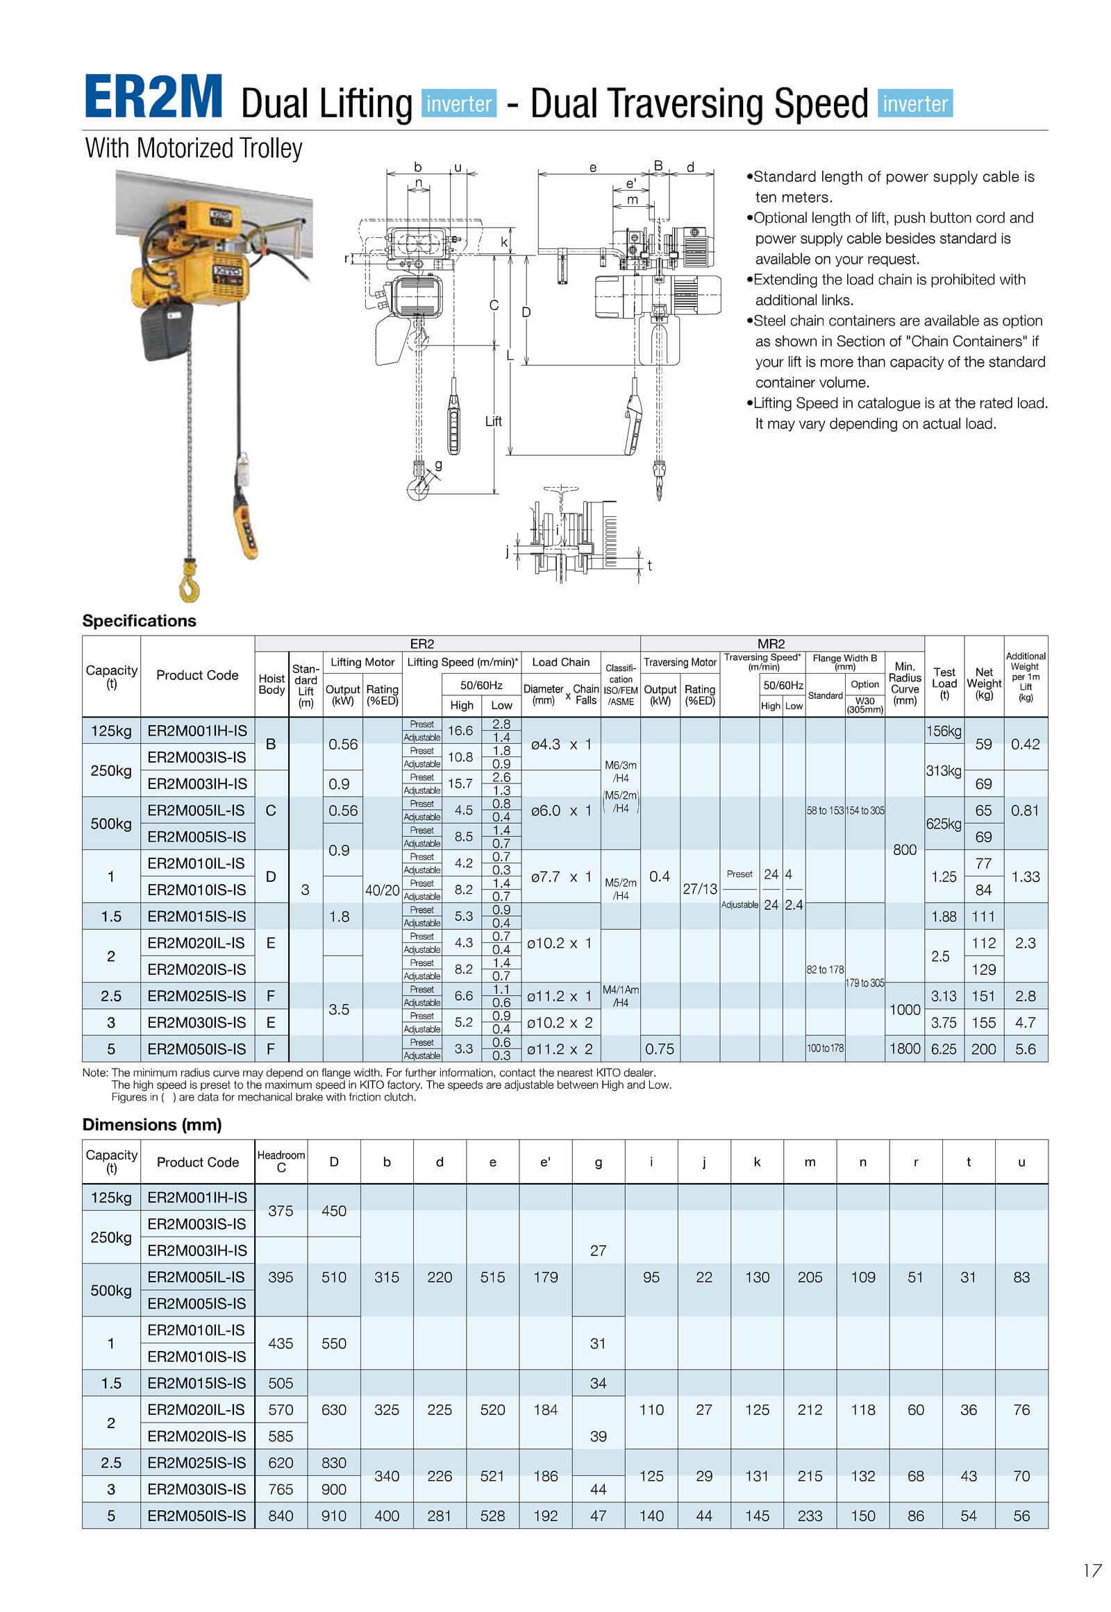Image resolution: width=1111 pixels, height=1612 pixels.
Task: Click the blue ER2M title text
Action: pos(153,97)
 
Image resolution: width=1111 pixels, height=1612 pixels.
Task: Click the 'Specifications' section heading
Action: pos(140,620)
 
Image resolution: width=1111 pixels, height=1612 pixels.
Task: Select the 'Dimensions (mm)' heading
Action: pos(152,1125)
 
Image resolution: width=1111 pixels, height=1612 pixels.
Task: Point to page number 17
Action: pos(1092,1570)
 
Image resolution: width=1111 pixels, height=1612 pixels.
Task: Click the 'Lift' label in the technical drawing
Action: pos(493,421)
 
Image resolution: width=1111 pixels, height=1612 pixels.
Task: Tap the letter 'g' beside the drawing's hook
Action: pos(439,465)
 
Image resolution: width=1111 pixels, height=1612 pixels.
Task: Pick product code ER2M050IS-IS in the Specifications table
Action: pos(197,1049)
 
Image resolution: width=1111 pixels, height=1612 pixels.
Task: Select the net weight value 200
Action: pos(984,1049)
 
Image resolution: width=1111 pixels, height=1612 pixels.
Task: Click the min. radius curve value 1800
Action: pos(904,1049)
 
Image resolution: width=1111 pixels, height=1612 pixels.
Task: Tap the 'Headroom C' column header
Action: pos(281,1161)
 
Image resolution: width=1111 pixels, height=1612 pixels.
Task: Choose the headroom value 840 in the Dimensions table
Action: pos(281,1516)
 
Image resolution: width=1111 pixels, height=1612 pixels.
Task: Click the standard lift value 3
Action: pos(305,890)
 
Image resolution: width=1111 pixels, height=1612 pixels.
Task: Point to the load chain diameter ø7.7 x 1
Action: pos(560,876)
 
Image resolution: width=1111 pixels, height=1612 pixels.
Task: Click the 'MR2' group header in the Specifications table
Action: pos(771,643)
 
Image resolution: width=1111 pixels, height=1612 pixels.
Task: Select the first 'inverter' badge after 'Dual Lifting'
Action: pos(459,103)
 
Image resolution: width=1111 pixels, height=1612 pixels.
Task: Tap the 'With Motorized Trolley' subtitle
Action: pos(194,149)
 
